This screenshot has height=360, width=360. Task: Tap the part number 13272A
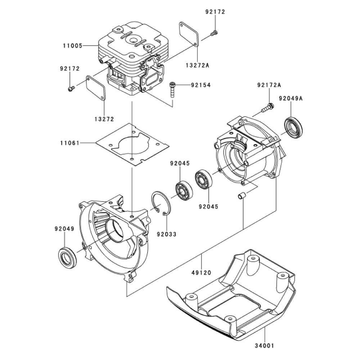click(198, 65)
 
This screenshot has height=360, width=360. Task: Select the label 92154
click(201, 85)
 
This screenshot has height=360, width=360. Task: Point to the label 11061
click(70, 143)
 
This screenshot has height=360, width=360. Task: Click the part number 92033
click(167, 234)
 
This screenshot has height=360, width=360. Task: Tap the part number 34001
click(265, 345)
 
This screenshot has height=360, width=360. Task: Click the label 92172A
click(269, 85)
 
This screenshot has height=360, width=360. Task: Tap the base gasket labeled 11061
click(132, 145)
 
